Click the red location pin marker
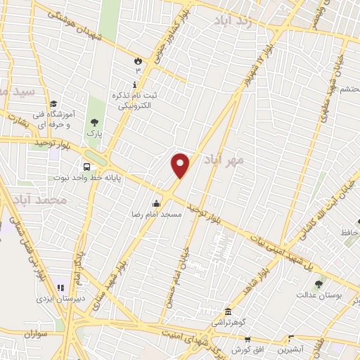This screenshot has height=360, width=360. (x=181, y=166)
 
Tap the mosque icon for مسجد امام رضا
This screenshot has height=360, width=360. (x=156, y=204)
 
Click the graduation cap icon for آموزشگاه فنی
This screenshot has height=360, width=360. (x=54, y=105)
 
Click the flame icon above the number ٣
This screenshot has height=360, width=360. (x=139, y=62)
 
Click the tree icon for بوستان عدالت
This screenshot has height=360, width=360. (x=319, y=285)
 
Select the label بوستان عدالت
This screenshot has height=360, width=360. (x=323, y=296)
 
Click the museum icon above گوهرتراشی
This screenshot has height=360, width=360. (x=228, y=311)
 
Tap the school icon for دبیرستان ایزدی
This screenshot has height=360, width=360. (x=60, y=288)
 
